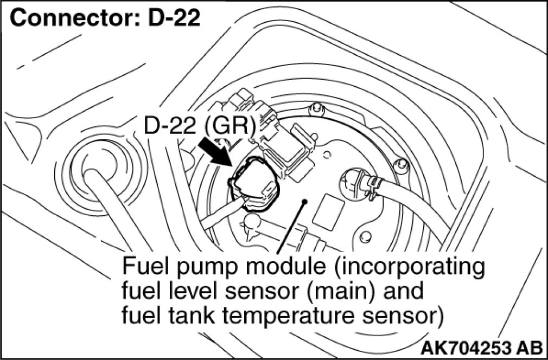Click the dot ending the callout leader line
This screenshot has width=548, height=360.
pyautogui.click(x=305, y=202)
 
